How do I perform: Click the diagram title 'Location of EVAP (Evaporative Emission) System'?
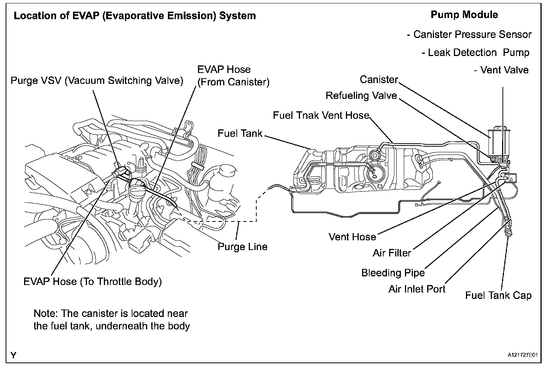coord(135,16)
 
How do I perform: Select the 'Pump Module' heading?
coord(464,15)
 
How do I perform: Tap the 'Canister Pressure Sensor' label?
coord(469,35)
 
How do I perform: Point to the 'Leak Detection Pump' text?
coord(475,53)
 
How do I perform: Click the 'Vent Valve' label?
coord(501,70)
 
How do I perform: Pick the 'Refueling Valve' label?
coord(361,96)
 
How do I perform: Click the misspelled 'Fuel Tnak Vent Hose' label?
coord(321,115)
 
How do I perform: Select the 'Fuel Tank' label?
coord(240,133)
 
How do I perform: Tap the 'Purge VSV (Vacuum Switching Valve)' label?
coord(97,80)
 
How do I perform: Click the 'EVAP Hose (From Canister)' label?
coord(233,76)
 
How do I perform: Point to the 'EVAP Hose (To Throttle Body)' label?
coord(93,282)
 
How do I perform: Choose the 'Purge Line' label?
coord(242,247)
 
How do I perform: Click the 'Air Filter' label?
coord(392,253)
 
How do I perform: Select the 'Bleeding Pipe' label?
coord(393,273)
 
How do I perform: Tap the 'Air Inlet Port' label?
coord(417,289)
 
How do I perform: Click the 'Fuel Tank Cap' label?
coord(498,295)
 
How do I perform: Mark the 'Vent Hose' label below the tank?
coord(352,237)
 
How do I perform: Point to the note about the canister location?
coord(111,320)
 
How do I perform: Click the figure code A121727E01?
coord(522,355)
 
